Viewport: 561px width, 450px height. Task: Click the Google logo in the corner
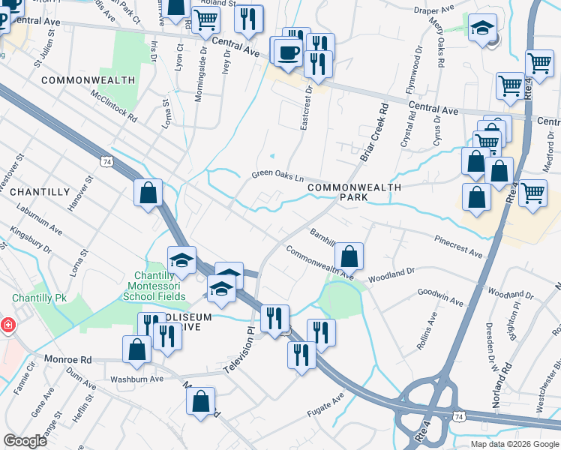[x=25, y=441]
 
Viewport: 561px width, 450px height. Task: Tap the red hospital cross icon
[x=7, y=325]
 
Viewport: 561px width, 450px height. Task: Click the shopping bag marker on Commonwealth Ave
[x=349, y=256]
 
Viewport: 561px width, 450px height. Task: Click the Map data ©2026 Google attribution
[x=514, y=444]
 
